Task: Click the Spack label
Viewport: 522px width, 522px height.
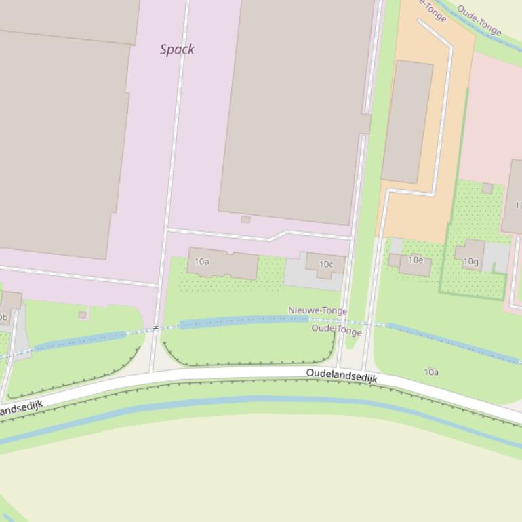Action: click(x=177, y=49)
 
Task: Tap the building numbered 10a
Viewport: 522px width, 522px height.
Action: click(x=224, y=263)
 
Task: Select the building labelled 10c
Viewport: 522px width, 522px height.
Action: click(x=326, y=264)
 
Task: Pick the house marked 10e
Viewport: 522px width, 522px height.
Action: click(x=415, y=264)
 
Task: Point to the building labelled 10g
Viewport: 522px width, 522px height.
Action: click(x=470, y=256)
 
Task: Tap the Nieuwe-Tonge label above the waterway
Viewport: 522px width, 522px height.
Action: click(x=317, y=310)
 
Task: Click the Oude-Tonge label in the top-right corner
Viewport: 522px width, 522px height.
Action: click(x=479, y=20)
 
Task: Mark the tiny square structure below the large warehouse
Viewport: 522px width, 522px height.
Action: click(x=245, y=219)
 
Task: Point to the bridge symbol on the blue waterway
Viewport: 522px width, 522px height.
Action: click(x=155, y=328)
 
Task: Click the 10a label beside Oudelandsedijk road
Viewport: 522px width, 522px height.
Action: click(x=431, y=372)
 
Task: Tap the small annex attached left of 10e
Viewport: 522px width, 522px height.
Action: click(x=394, y=260)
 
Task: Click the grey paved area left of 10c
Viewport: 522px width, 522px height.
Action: click(x=296, y=275)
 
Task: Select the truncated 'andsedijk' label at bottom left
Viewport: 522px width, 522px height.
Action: click(x=21, y=408)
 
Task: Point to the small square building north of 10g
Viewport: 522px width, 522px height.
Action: click(x=487, y=188)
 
